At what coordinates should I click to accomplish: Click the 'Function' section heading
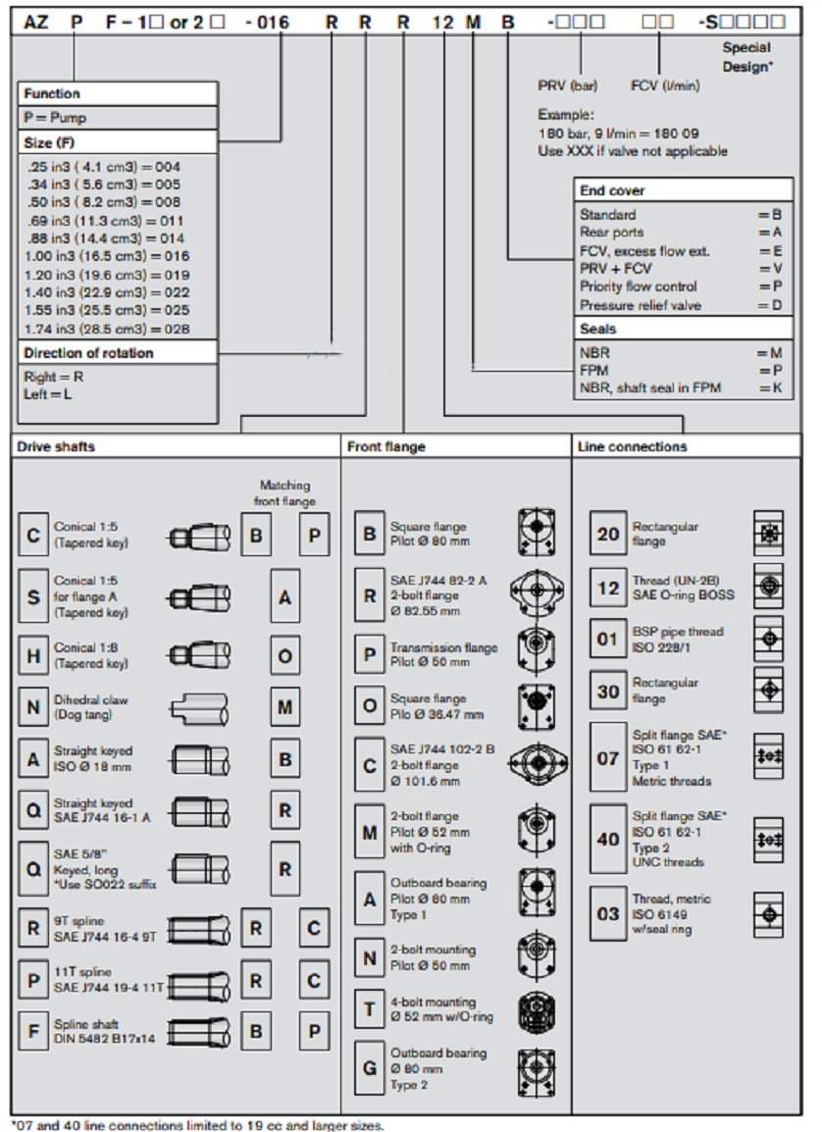52,94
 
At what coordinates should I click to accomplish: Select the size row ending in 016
107,256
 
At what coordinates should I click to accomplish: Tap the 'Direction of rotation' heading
88,353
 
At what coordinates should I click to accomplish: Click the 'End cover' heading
612,190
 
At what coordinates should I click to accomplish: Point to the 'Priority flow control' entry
639,286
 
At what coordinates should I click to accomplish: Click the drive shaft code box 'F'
33,1030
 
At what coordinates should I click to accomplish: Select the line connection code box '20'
608,534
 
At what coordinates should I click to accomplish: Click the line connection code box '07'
608,758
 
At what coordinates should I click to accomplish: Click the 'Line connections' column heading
632,446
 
